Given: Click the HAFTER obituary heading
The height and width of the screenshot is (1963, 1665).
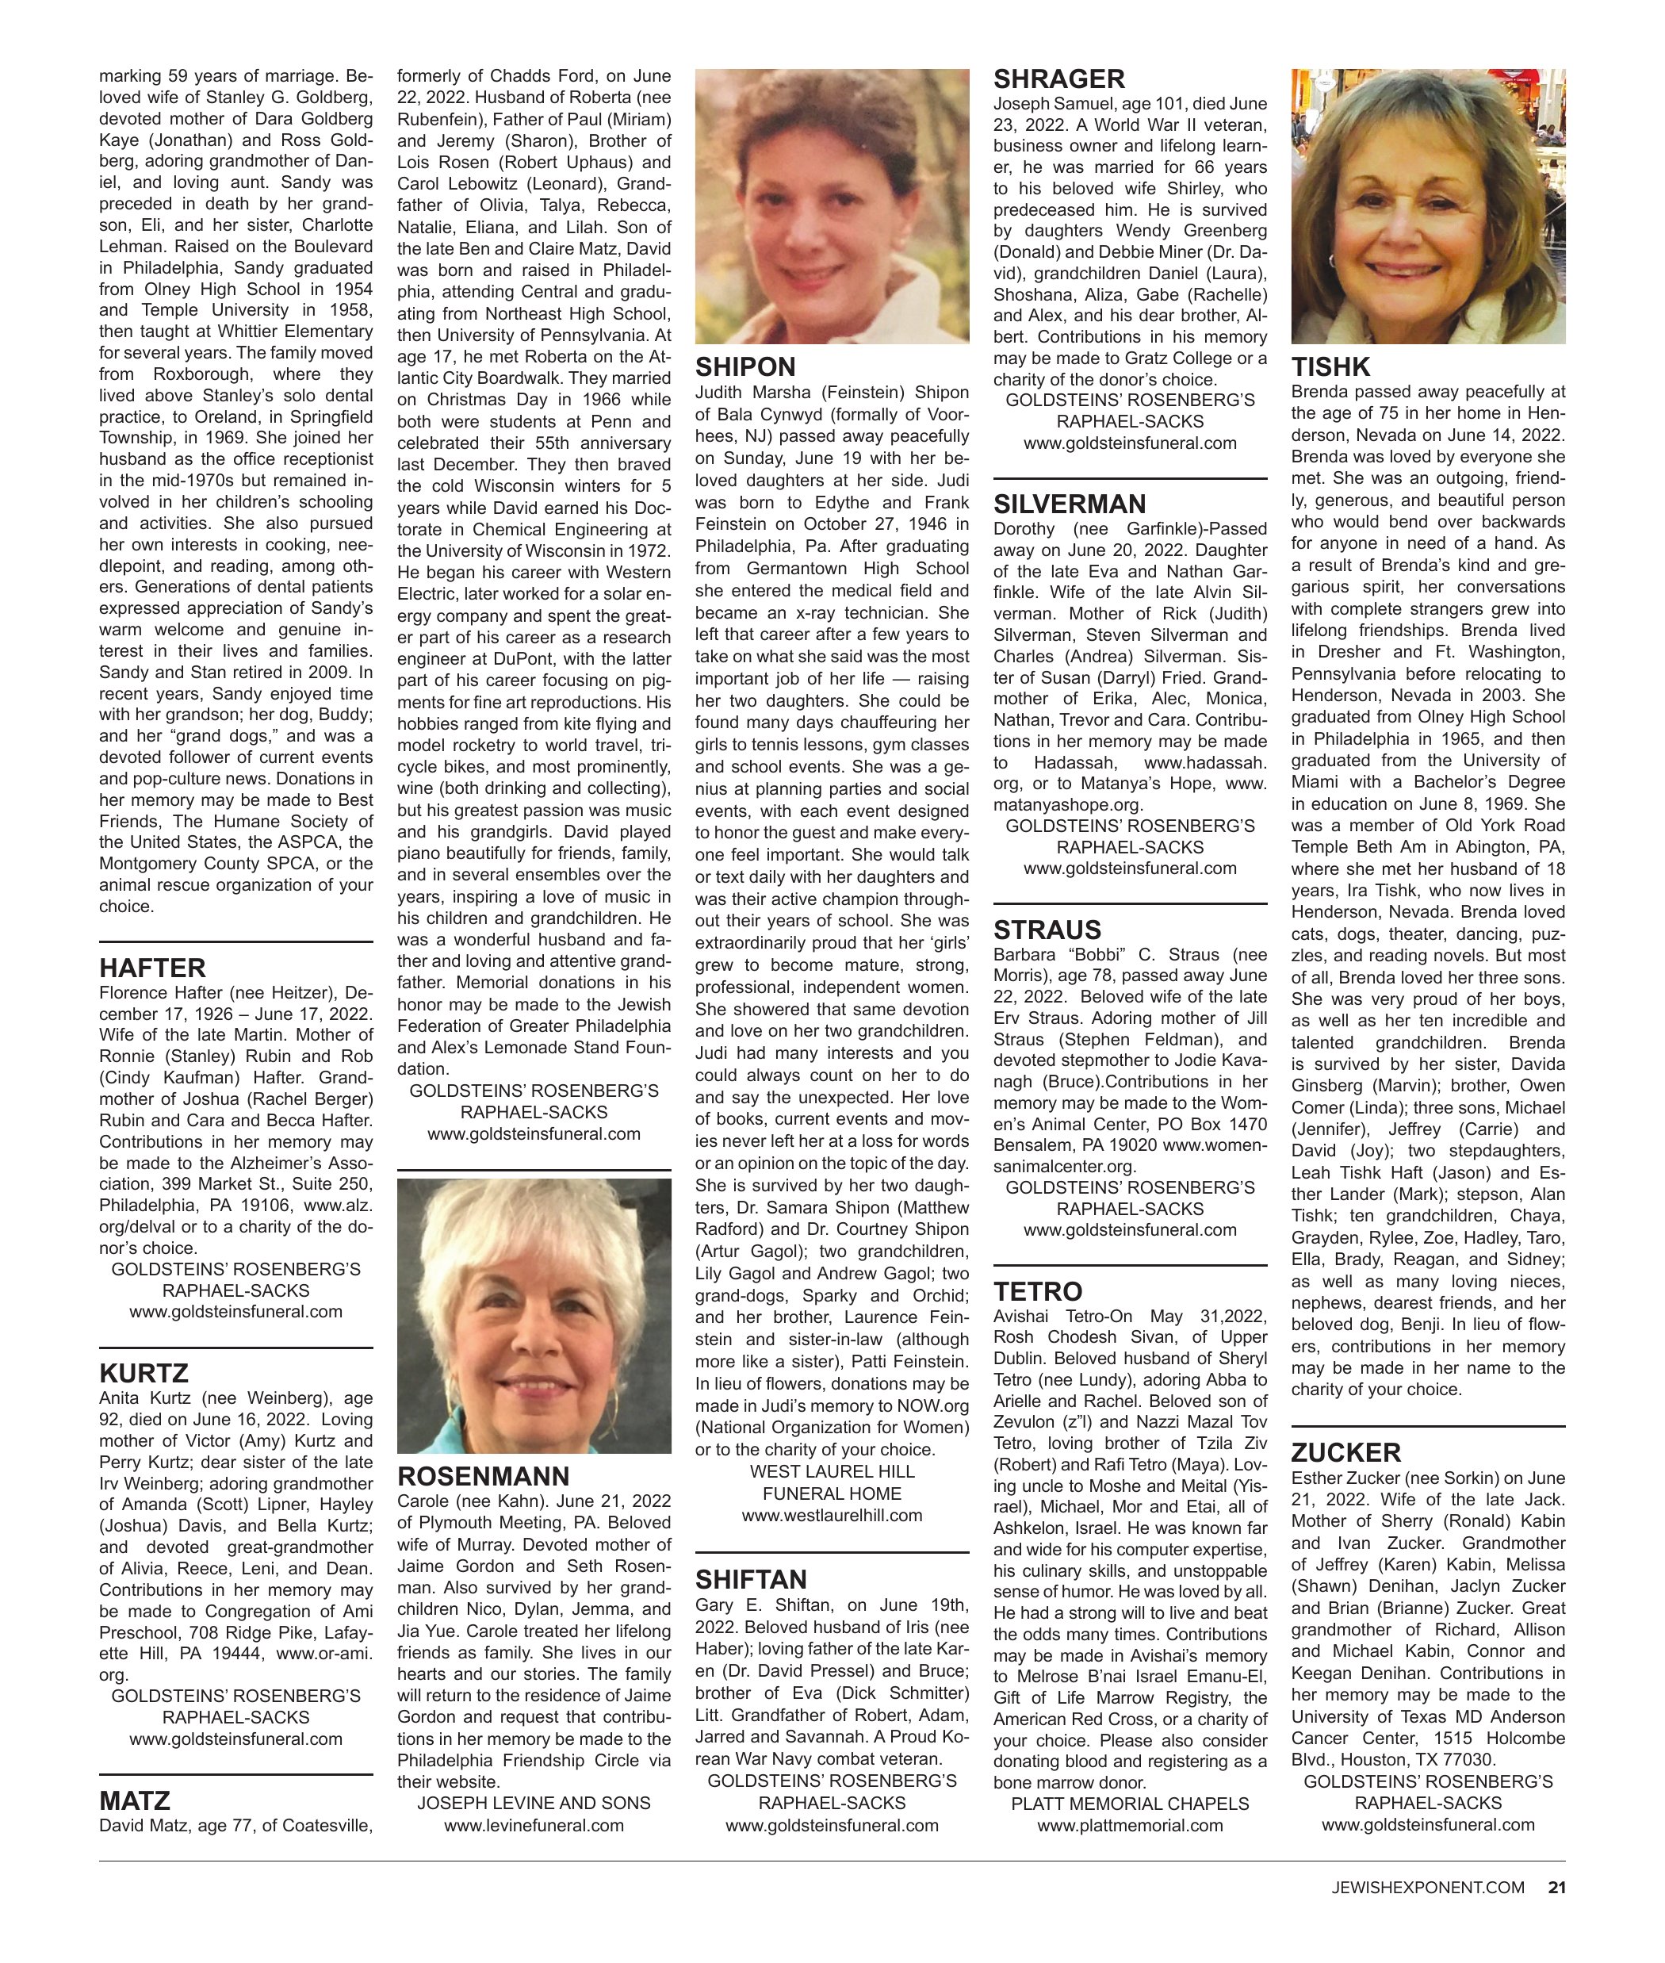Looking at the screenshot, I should (x=152, y=968).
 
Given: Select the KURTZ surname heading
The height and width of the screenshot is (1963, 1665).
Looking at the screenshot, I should (x=144, y=1373).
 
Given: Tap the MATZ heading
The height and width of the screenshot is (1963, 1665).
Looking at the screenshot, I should (x=134, y=1800).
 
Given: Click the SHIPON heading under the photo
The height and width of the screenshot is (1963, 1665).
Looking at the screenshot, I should (x=744, y=367).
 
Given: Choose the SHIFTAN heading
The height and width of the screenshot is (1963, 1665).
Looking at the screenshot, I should (x=752, y=1580).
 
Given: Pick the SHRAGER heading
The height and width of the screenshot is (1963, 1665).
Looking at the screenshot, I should (x=1059, y=79).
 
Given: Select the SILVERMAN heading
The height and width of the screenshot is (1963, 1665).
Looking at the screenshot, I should (x=1070, y=504).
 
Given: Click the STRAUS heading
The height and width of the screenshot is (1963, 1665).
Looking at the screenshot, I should (x=1047, y=930).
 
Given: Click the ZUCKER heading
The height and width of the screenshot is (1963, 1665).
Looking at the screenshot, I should (x=1346, y=1452).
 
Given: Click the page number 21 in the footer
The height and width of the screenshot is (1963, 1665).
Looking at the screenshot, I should (x=1556, y=1913).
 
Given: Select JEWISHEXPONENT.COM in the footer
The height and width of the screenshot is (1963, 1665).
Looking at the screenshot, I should (x=1427, y=1914).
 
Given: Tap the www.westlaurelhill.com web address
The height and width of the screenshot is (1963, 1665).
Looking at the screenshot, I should (x=832, y=1516).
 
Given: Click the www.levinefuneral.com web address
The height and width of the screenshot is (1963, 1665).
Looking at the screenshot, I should (x=534, y=1825).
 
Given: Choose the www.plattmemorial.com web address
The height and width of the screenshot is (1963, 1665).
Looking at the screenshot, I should (x=1129, y=1825).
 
